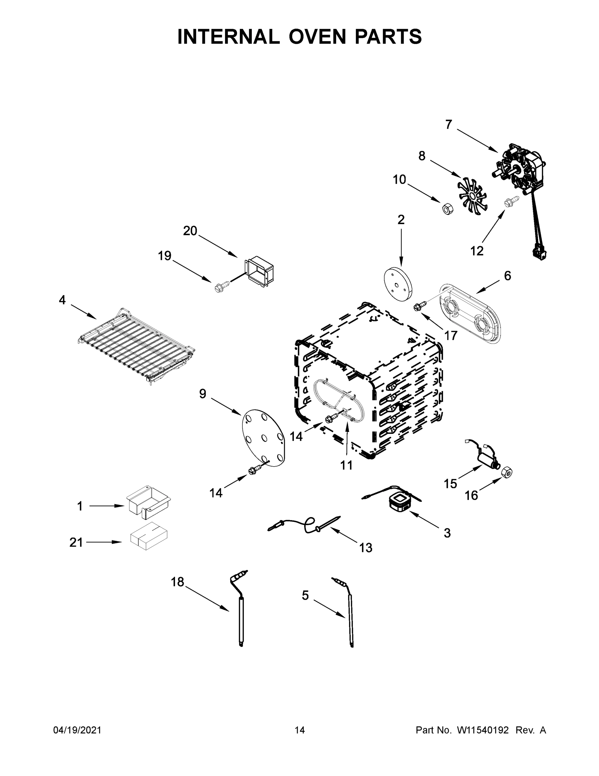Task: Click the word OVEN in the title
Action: (x=317, y=37)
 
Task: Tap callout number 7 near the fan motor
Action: (x=449, y=125)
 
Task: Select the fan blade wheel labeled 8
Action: (x=472, y=197)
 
